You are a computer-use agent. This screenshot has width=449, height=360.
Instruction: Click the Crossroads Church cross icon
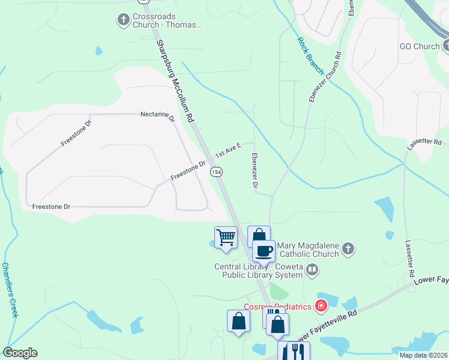(x=124, y=20)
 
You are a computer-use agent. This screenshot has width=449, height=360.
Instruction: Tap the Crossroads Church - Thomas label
(x=167, y=21)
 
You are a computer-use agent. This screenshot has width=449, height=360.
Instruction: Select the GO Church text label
(x=420, y=46)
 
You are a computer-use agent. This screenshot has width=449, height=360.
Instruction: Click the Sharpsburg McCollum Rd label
(x=176, y=82)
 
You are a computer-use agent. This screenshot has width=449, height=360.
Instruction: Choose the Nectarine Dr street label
(x=157, y=114)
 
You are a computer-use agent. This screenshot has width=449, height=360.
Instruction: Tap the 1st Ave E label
(x=228, y=150)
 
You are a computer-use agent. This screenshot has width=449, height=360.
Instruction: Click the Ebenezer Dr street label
(x=254, y=172)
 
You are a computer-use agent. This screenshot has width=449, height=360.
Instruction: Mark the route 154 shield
(x=216, y=172)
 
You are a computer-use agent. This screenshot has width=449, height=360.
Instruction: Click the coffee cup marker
(x=264, y=251)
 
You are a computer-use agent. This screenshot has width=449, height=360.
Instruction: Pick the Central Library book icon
(x=312, y=270)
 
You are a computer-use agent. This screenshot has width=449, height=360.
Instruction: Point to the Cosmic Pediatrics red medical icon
(x=321, y=307)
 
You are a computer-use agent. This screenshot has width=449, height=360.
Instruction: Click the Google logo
(x=20, y=353)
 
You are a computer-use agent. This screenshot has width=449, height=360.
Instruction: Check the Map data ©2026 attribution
(x=423, y=355)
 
